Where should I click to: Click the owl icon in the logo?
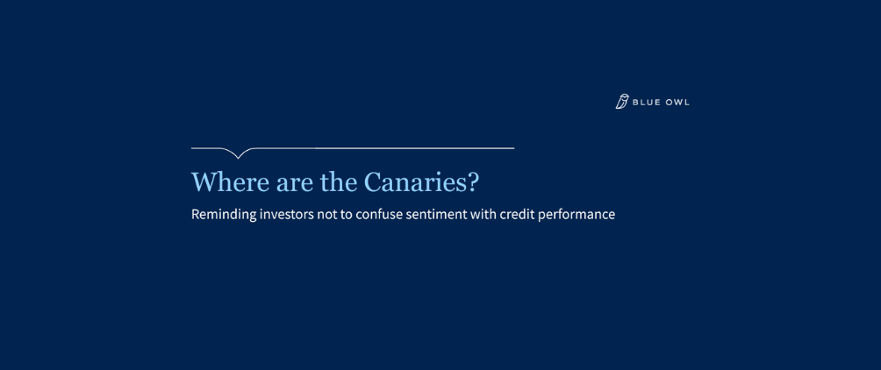(x=622, y=102)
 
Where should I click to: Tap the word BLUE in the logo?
(x=648, y=103)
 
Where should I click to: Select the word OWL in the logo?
(x=677, y=103)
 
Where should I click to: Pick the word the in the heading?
(x=339, y=182)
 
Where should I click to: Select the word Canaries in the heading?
(x=414, y=182)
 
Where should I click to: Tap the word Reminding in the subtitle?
(x=223, y=214)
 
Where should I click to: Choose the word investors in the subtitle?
(x=286, y=214)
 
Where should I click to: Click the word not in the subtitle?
(x=326, y=214)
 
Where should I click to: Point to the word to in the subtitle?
(x=346, y=214)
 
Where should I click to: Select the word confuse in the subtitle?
(x=378, y=214)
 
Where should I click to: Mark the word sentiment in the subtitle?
(x=435, y=214)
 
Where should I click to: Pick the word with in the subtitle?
(x=483, y=214)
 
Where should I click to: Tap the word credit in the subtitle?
(x=517, y=214)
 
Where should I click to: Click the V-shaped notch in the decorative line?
(x=239, y=156)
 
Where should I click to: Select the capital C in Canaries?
(x=373, y=182)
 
